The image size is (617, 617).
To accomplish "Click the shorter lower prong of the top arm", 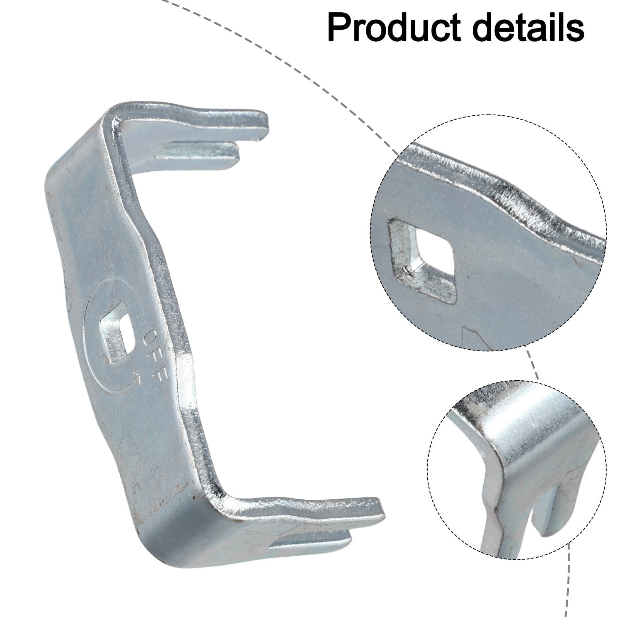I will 201,150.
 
